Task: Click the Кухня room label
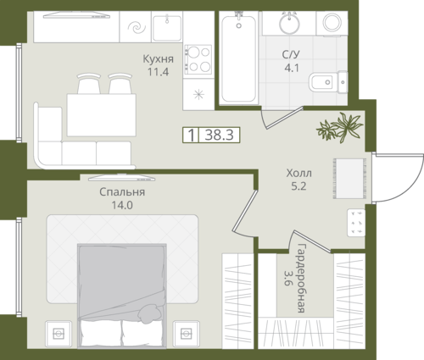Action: (x=158, y=59)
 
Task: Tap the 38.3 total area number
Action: (x=220, y=135)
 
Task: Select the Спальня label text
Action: (x=122, y=192)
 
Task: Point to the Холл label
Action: (x=298, y=173)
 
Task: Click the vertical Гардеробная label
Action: (x=302, y=278)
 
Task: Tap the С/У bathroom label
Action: (x=291, y=54)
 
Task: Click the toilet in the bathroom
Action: (x=328, y=82)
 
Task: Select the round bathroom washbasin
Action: (x=289, y=22)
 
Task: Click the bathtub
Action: (x=239, y=58)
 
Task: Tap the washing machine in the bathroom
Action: (x=332, y=23)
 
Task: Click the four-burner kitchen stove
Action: (x=198, y=59)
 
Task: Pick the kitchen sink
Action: (x=167, y=28)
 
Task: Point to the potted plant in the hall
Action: (x=339, y=127)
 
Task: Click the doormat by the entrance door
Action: (x=349, y=179)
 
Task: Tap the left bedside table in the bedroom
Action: (x=59, y=334)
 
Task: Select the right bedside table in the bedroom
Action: (x=186, y=334)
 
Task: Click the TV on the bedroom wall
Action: (x=121, y=178)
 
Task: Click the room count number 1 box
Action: (x=192, y=135)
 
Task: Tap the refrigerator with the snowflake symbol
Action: (x=198, y=94)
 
